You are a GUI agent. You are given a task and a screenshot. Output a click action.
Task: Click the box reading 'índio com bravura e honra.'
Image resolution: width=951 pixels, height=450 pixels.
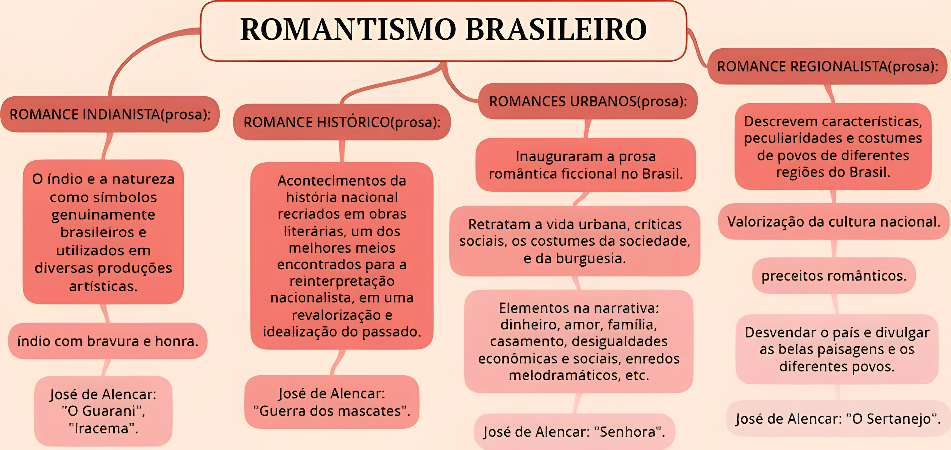point(107,341)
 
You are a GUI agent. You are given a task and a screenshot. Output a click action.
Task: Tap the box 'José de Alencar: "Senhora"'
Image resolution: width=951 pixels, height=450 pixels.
point(574,432)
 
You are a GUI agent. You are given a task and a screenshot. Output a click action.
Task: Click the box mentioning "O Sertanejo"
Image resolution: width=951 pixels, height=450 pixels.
point(837,419)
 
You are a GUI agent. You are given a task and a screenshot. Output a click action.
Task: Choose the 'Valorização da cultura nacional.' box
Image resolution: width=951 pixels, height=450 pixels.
point(833,221)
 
